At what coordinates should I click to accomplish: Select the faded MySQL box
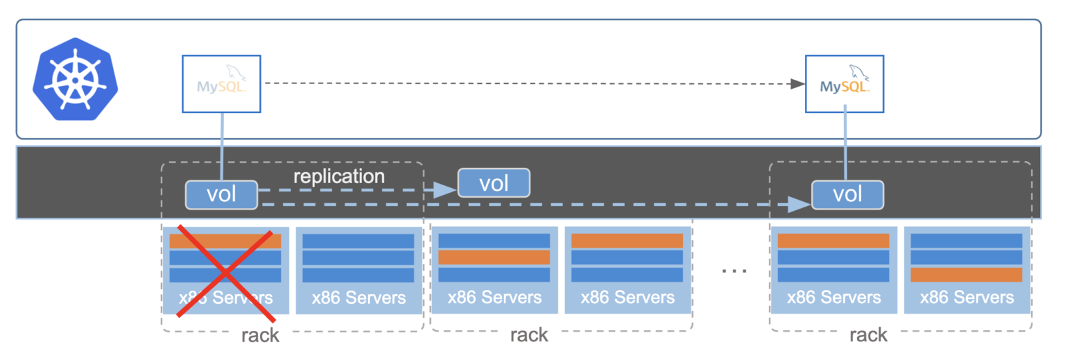point(221,84)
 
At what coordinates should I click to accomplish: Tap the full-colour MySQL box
point(845,84)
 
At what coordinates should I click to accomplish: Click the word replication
point(338,176)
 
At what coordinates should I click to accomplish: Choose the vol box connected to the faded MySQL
point(221,195)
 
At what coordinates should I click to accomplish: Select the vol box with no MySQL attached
point(494,183)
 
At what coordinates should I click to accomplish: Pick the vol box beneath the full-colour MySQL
point(847,195)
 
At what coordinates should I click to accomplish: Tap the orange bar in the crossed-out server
point(225,241)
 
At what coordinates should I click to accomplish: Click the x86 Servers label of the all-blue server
point(358,298)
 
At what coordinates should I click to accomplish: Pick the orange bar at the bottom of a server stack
point(966,275)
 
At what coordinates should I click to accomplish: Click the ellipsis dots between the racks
point(734,270)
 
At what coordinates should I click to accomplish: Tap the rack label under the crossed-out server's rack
point(260,336)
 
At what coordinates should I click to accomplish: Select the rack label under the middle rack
point(529,336)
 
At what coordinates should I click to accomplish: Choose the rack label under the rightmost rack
point(868,336)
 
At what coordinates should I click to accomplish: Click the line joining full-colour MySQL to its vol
point(845,146)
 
